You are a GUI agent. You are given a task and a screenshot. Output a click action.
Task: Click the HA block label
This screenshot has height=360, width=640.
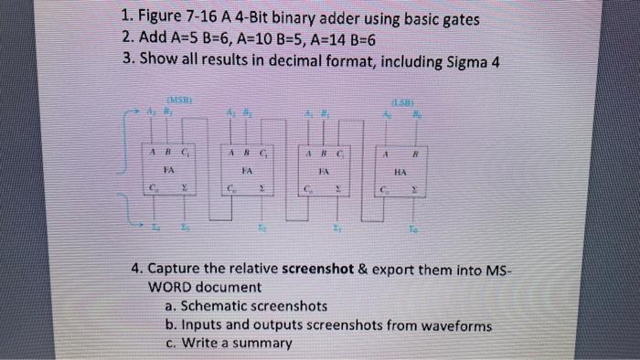coord(399,170)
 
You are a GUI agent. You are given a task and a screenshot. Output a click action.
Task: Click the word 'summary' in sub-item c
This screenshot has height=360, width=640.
coord(260,344)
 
